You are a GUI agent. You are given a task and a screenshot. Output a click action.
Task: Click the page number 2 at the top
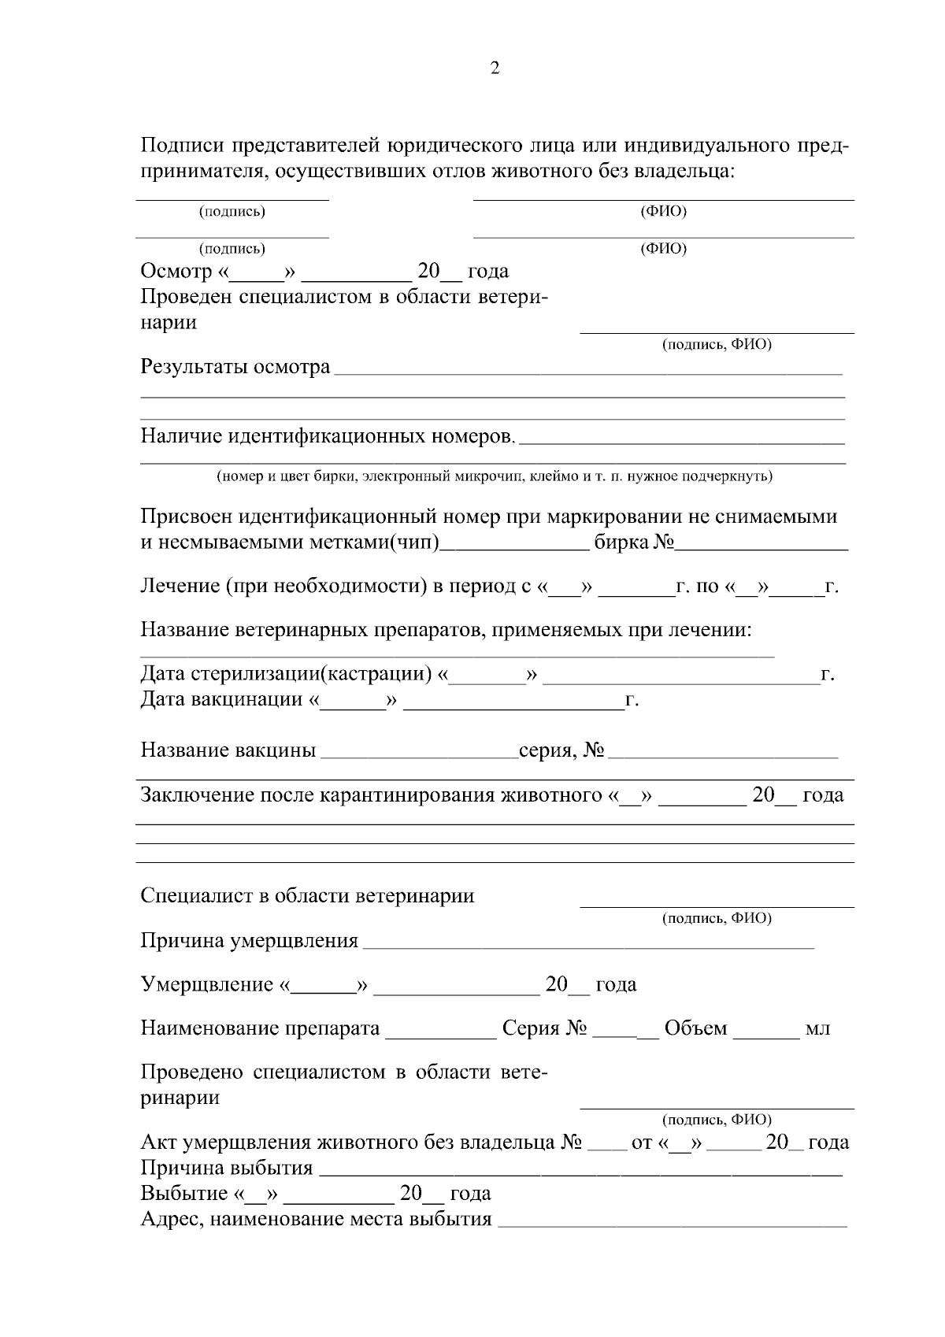tap(495, 69)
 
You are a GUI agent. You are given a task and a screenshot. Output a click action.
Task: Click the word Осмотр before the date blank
tap(176, 272)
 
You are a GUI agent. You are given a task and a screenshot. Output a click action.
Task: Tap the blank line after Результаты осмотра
tap(587, 370)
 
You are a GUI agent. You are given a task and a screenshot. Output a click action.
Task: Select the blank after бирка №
tap(762, 545)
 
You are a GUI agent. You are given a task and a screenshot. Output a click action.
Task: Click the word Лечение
tap(179, 587)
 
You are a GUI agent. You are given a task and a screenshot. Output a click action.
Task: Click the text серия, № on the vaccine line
tap(561, 750)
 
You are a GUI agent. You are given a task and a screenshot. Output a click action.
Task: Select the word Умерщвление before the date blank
tap(206, 985)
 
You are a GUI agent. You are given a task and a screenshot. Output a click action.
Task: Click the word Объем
tap(695, 1029)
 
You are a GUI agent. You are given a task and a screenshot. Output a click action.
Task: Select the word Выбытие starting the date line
tap(183, 1194)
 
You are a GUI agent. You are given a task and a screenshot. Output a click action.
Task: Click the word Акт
tap(158, 1143)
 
